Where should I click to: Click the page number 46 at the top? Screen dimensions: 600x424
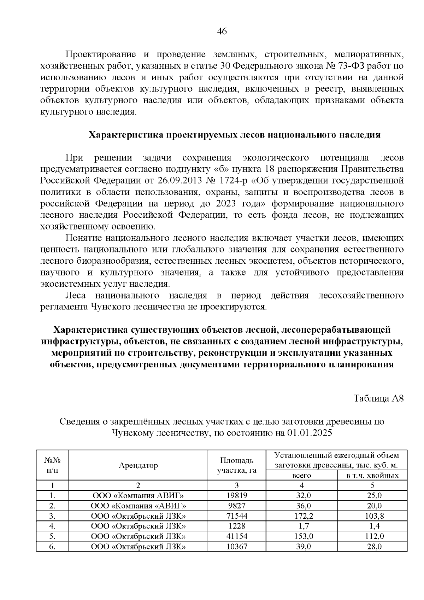tap(222, 31)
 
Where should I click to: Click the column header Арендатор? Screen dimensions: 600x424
tap(138, 465)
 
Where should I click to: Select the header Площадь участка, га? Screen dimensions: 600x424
tap(236, 465)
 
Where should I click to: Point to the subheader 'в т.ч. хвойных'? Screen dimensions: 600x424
tap(372, 475)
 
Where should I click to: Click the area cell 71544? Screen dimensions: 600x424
tap(236, 515)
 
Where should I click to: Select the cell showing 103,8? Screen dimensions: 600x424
tap(372, 515)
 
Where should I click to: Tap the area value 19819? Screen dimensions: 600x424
tap(236, 495)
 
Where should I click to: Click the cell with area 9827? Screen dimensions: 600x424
tap(236, 506)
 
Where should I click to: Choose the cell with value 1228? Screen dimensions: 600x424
tap(236, 526)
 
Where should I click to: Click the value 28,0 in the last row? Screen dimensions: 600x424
tap(372, 546)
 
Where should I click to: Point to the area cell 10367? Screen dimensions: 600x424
tap(236, 546)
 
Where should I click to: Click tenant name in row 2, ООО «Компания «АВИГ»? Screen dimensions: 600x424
tap(138, 506)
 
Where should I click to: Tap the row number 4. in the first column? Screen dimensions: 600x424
tap(52, 526)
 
